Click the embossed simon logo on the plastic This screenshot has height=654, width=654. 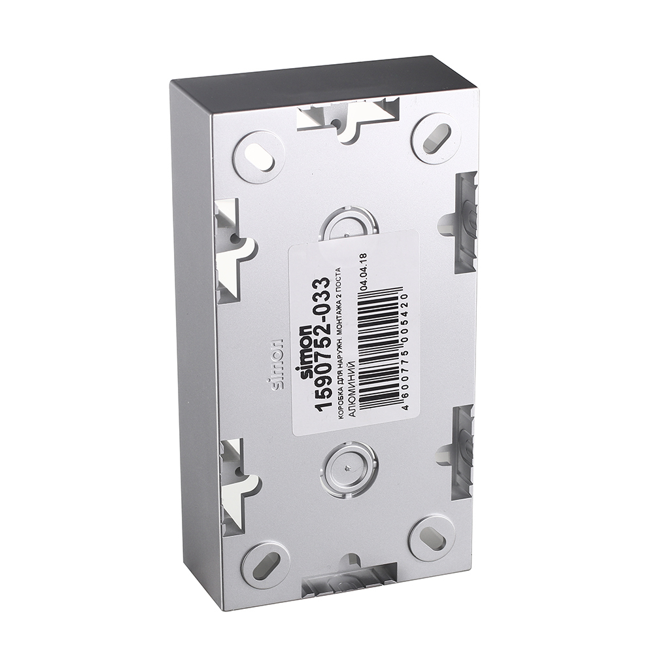276,364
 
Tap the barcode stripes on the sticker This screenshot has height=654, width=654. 380,347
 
